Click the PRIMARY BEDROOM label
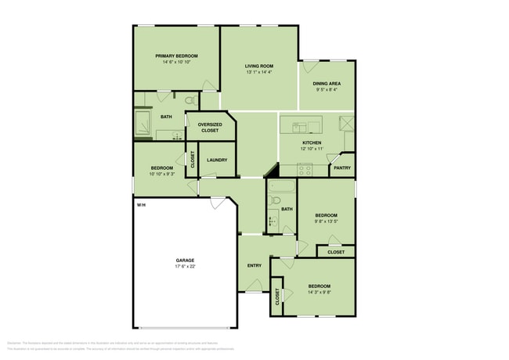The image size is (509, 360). point(176,56)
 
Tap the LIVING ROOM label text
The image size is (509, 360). point(258,67)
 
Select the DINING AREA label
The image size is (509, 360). point(328,83)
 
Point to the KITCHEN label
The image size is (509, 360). point(312,142)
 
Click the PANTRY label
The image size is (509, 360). point(341,167)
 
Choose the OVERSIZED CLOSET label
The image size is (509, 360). point(210,128)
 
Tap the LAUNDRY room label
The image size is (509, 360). point(217,160)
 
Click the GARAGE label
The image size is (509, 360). point(185,261)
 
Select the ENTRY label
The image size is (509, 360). point(254,265)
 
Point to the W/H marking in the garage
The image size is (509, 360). point(141,205)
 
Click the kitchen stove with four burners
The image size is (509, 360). point(304,168)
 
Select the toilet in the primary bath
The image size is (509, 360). point(190,101)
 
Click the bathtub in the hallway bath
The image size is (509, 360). point(281,187)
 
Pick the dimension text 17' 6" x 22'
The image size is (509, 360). point(185,267)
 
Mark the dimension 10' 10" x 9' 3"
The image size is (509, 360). point(161,175)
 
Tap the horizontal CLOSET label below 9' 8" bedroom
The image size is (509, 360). point(336,252)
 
